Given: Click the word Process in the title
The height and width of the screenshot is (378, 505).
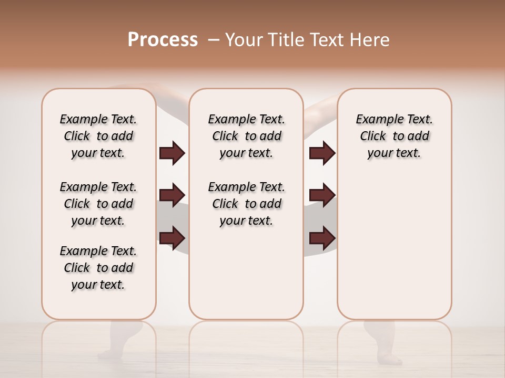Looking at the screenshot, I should pos(163,40).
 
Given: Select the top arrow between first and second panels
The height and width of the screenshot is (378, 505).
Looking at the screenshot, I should pos(172,153).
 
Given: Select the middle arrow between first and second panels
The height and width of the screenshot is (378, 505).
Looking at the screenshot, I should pos(172,195).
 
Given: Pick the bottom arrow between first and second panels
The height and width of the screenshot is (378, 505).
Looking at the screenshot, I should pos(172,237).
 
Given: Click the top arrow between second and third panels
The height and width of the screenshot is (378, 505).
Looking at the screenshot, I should pos(322,153).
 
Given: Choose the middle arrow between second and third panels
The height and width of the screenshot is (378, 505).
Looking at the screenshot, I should pos(322,195).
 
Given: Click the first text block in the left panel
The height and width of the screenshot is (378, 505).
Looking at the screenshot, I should pos(98,136).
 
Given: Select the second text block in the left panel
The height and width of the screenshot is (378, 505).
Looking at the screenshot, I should pos(98,204).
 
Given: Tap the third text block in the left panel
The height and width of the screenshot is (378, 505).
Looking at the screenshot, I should pos(98,268).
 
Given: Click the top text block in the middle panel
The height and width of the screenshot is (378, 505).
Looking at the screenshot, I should pos(246,136).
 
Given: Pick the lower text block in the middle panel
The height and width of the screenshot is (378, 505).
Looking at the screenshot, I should pos(246,204).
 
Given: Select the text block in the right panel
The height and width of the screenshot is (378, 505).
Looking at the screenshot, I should pos(394,136).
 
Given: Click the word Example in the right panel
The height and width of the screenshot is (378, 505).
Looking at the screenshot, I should pos(375,120).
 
